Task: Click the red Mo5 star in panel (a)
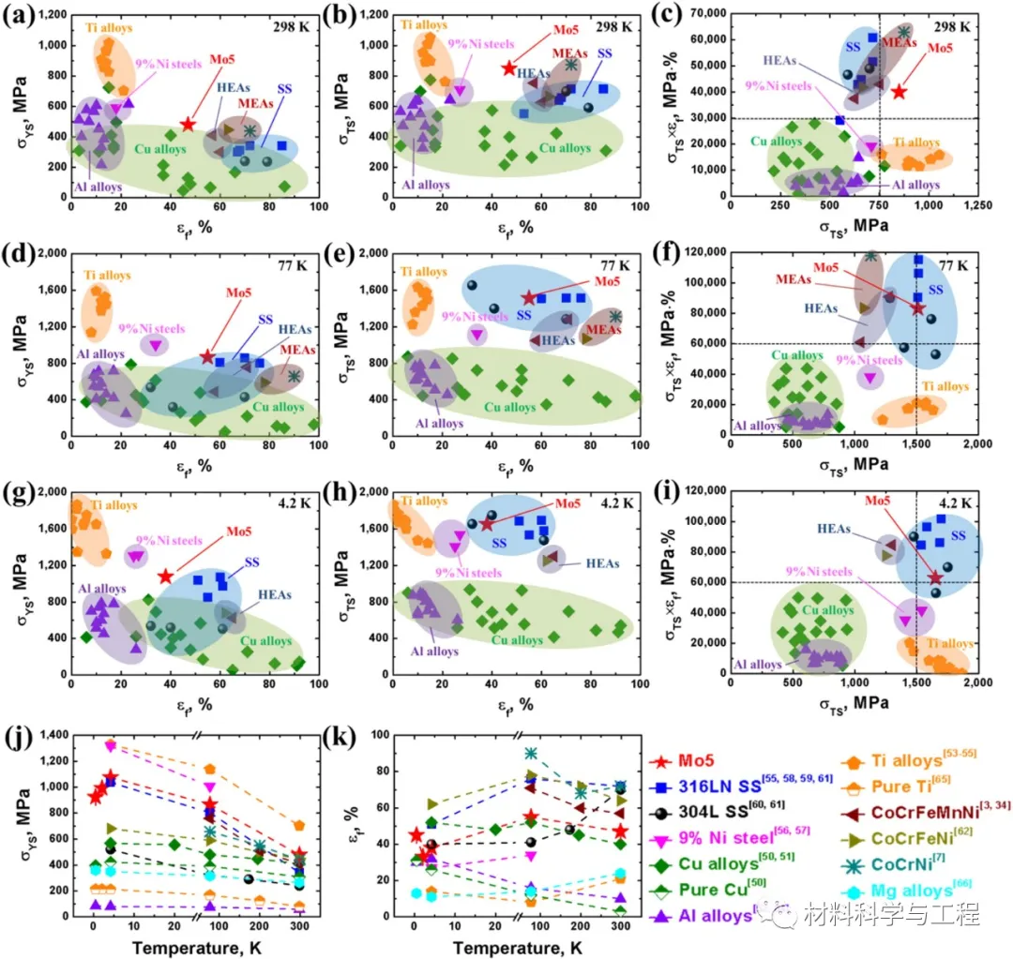tap(189, 124)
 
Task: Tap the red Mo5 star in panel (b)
tap(509, 68)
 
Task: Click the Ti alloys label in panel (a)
tap(110, 29)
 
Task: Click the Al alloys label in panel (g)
tap(102, 590)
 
